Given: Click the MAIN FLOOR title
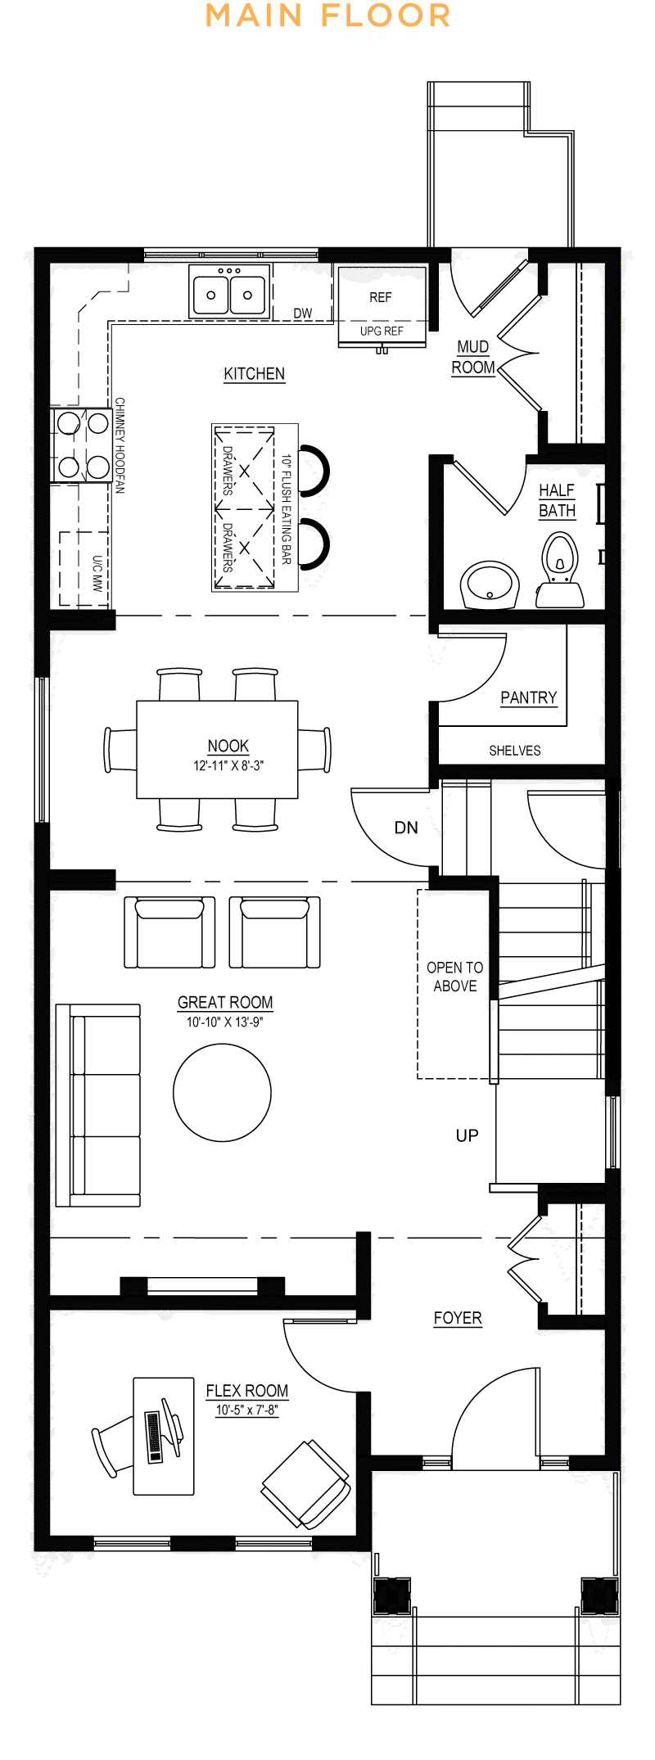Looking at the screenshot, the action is (327, 16).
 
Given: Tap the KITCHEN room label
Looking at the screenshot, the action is (255, 374).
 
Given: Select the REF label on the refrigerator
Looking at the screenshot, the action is (381, 297).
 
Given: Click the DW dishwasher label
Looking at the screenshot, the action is (303, 313).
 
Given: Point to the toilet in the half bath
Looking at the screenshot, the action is (560, 570).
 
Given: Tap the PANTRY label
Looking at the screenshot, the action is (529, 697).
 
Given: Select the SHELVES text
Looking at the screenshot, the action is (515, 750).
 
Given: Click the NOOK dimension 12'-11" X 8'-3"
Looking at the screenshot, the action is (228, 765).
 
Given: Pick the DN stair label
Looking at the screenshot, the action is (406, 828).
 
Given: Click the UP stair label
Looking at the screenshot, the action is (468, 1135).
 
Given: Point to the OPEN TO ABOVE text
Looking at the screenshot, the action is (455, 977).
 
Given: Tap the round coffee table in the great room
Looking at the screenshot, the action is (222, 1092).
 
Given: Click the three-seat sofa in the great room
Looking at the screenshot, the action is (97, 1105).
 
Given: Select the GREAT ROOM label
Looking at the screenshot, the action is (225, 1003).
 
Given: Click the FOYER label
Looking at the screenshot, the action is (458, 1318).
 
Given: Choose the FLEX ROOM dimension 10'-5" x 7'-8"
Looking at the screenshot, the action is (247, 1410).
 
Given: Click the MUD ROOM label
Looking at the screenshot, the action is (473, 358).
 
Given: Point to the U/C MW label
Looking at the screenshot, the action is (97, 573).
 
